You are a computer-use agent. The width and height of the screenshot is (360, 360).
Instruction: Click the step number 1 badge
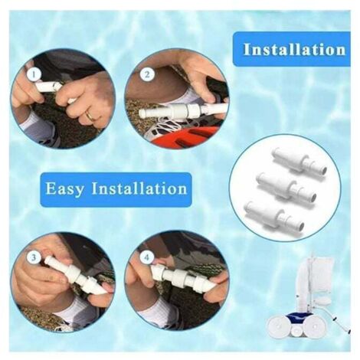click(34, 74)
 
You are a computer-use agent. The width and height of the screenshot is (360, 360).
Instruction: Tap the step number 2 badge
click(147, 75)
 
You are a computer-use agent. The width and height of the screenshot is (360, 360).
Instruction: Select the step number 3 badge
click(34, 257)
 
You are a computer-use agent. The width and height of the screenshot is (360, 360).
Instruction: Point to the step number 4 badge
click(146, 257)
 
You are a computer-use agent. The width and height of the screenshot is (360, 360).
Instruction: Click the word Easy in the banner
click(65, 189)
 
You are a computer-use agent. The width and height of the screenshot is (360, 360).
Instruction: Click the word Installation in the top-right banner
click(294, 49)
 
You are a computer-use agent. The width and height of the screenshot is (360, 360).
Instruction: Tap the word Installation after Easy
click(139, 188)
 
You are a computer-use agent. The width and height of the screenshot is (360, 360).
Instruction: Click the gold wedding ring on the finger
click(90, 116)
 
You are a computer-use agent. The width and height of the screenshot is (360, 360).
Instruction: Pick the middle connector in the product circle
click(286, 187)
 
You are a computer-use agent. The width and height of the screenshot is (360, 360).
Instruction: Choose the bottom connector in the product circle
click(274, 215)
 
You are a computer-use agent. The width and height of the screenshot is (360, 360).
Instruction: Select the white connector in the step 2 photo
click(182, 110)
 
